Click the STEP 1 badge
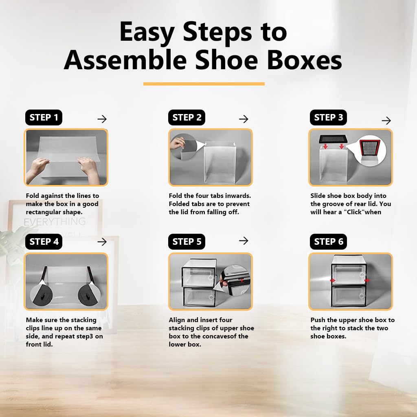pyautogui.click(x=44, y=118)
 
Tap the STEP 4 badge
pyautogui.click(x=44, y=241)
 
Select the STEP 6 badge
pyautogui.click(x=328, y=241)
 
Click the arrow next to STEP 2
pyautogui.click(x=244, y=119)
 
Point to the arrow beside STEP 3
pyautogui.click(x=386, y=121)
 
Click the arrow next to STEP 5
pyautogui.click(x=244, y=241)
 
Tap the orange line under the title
pyautogui.click(x=204, y=84)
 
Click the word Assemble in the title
pyautogui.click(x=125, y=60)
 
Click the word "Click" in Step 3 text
pyautogui.click(x=349, y=212)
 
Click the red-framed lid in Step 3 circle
pyautogui.click(x=370, y=149)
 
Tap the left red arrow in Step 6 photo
pyautogui.click(x=333, y=281)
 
